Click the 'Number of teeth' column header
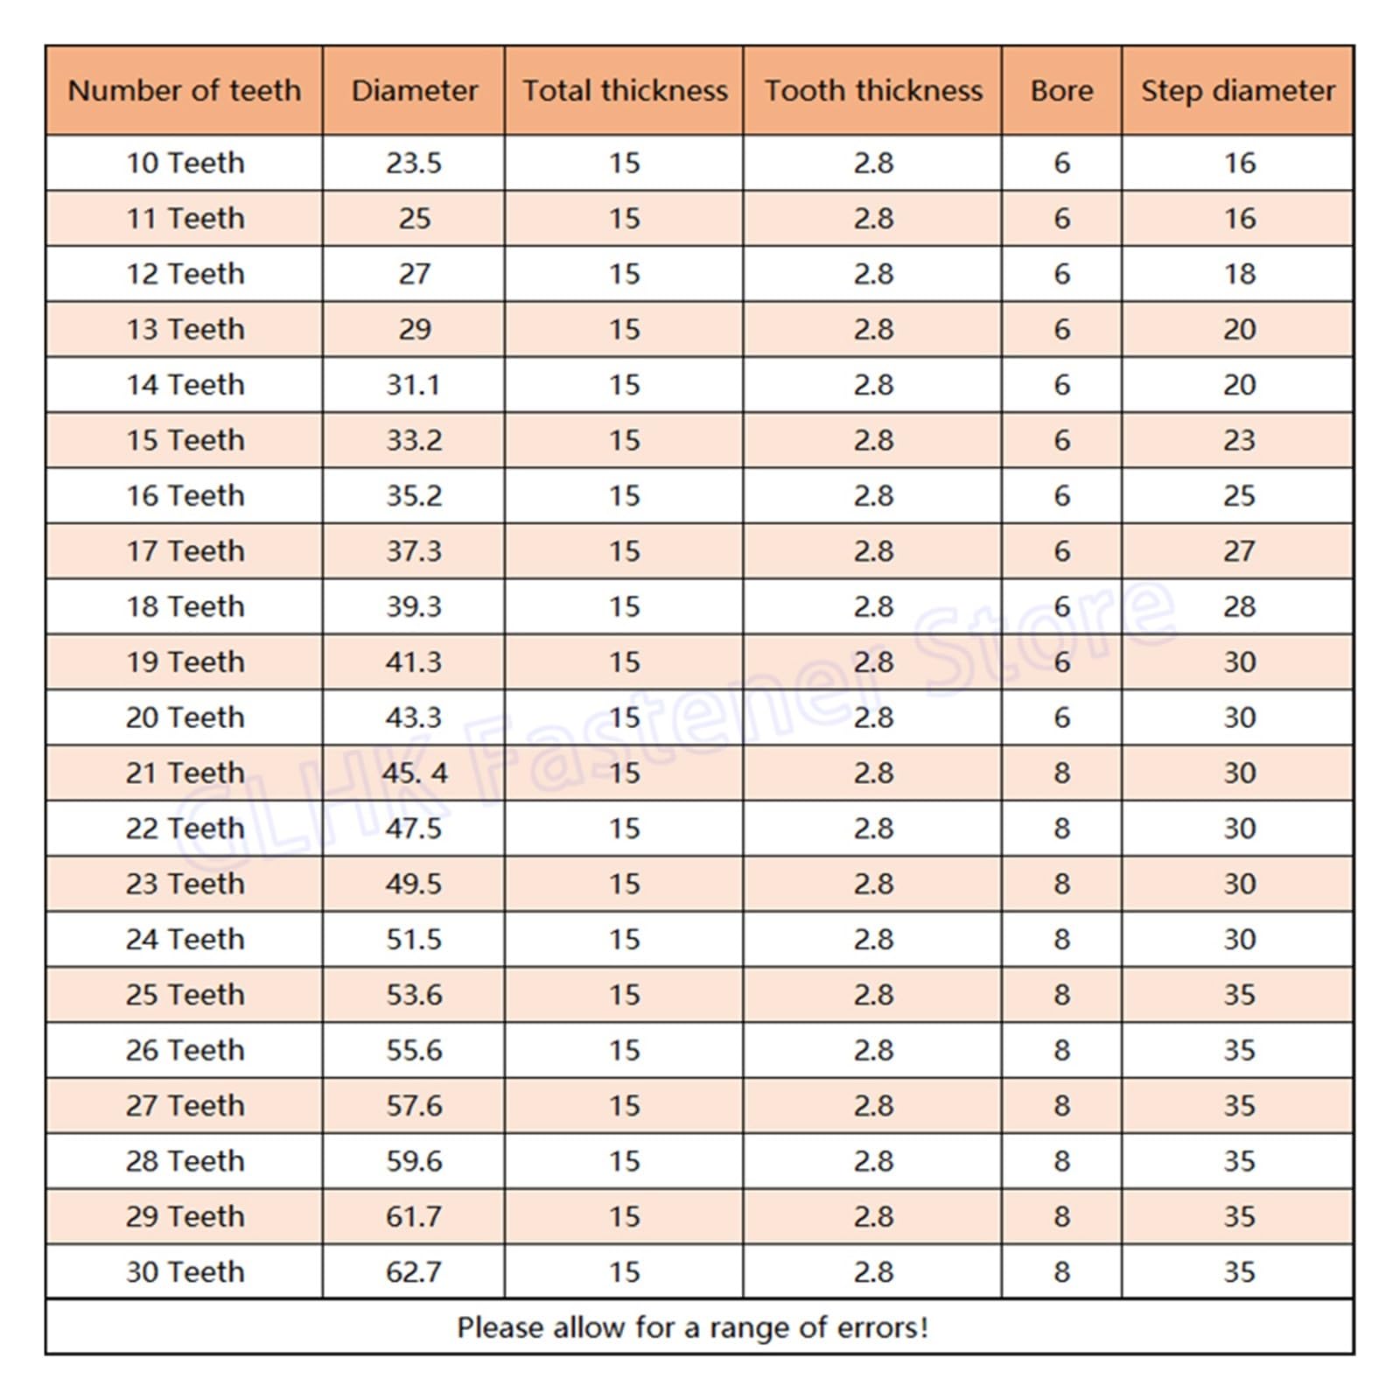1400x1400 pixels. pyautogui.click(x=184, y=90)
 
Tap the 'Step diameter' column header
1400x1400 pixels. pyautogui.click(x=1238, y=90)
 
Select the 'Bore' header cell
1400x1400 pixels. pyautogui.click(x=1061, y=90)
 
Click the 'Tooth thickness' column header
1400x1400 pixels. pyautogui.click(x=873, y=90)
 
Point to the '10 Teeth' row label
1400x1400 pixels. pyautogui.click(x=185, y=163)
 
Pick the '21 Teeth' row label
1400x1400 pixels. pyautogui.click(x=185, y=773)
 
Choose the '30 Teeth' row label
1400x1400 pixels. pyautogui.click(x=185, y=1271)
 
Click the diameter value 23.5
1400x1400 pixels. pyautogui.click(x=414, y=163)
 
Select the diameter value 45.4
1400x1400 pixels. pyautogui.click(x=414, y=773)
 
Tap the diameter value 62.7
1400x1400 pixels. pyautogui.click(x=414, y=1271)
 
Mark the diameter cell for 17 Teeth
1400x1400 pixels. pyautogui.click(x=414, y=551)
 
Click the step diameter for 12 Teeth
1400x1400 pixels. pyautogui.click(x=1239, y=274)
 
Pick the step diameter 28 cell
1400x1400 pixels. pyautogui.click(x=1239, y=606)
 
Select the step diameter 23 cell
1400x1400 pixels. pyautogui.click(x=1239, y=440)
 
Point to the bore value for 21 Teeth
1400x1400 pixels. pyautogui.click(x=1061, y=773)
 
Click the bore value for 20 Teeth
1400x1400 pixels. pyautogui.click(x=1061, y=717)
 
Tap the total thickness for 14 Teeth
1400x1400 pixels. pyautogui.click(x=624, y=385)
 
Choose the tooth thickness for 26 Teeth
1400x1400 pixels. pyautogui.click(x=873, y=1050)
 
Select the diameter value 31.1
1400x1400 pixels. pyautogui.click(x=414, y=385)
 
